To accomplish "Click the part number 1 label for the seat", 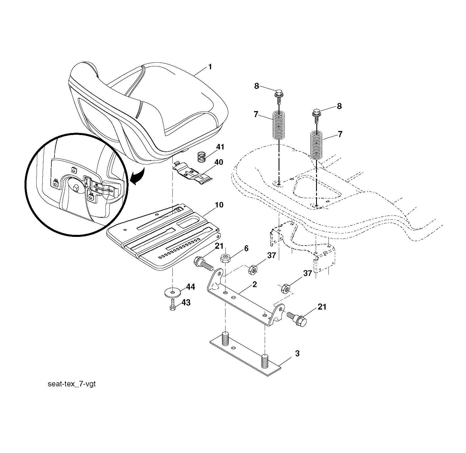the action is [210, 67].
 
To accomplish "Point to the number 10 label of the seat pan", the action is [219, 205].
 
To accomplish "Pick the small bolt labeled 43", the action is [173, 305].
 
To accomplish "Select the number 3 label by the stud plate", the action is [297, 354].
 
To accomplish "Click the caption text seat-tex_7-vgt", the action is [71, 384].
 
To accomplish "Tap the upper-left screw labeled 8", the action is [279, 97].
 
